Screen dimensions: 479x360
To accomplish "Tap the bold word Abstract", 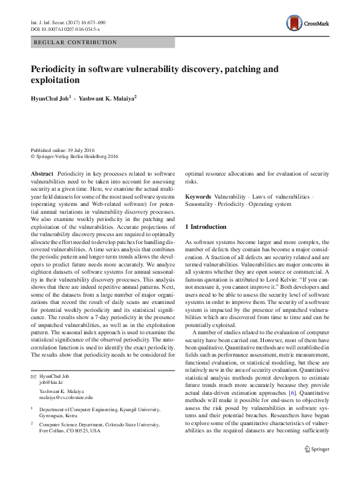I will click(x=42, y=173).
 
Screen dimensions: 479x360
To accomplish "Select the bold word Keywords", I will click(x=198, y=197).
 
